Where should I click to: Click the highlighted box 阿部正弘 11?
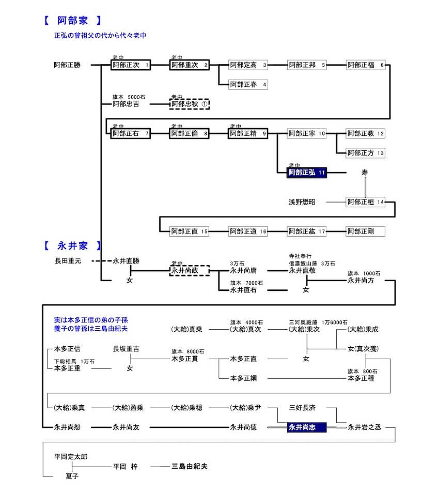click(x=308, y=173)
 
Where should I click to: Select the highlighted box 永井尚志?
click(x=307, y=427)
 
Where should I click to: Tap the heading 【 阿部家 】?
click(x=72, y=21)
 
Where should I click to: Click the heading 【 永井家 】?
click(x=72, y=245)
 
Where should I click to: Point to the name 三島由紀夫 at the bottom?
click(x=190, y=466)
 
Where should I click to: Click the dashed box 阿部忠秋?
click(x=190, y=104)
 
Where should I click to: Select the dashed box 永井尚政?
click(x=190, y=270)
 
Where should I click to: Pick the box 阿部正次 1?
click(x=131, y=65)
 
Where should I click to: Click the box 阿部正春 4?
click(x=248, y=84)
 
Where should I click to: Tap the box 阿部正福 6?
click(x=366, y=65)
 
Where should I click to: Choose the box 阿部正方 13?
click(x=366, y=153)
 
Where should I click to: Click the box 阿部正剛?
click(x=366, y=231)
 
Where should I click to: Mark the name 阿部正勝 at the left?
click(x=67, y=65)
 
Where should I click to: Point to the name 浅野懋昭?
click(x=302, y=202)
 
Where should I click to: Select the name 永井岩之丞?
click(x=364, y=427)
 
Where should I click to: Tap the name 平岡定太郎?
click(x=71, y=457)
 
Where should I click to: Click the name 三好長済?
click(x=302, y=407)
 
